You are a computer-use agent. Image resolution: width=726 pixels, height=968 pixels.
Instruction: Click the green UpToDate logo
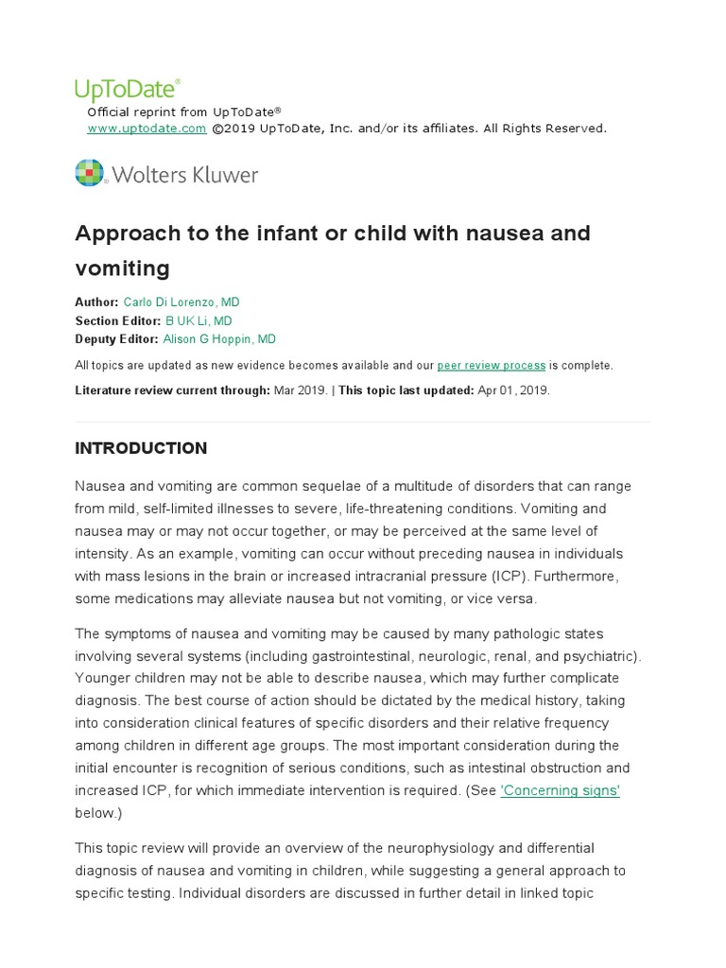point(127,90)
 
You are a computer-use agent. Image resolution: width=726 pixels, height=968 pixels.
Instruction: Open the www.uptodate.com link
point(147,129)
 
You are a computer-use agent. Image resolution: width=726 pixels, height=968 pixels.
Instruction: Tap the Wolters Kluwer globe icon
point(90,174)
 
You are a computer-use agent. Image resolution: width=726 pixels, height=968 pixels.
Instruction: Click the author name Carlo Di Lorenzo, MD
point(181,302)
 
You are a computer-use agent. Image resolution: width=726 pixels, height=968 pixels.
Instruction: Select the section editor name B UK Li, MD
point(199,320)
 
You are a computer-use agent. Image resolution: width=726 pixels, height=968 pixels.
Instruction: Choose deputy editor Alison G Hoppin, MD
point(219,339)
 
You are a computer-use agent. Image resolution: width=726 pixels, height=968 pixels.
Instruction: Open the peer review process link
point(492,365)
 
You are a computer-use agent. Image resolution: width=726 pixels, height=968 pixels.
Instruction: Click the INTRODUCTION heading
point(141,448)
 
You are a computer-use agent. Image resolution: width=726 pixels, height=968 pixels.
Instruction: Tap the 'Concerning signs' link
point(560,790)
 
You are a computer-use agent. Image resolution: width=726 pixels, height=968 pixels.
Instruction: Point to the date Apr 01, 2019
point(513,389)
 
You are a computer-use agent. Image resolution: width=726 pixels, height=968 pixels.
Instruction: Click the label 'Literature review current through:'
point(172,389)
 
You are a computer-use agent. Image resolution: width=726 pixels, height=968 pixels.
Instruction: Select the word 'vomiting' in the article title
point(123,268)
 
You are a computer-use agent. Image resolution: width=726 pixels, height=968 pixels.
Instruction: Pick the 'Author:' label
point(96,302)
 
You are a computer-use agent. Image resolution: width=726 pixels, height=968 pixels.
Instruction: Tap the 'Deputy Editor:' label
point(117,339)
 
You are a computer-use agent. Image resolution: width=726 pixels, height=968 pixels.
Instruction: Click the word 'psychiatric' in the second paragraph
point(605,655)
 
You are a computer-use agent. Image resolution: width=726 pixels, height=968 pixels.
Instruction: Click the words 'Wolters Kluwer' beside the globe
point(185,175)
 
